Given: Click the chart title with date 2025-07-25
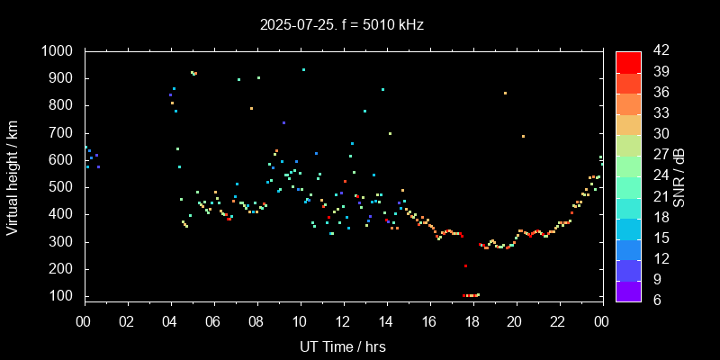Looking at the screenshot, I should [342, 24].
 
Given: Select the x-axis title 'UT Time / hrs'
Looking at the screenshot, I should [342, 346].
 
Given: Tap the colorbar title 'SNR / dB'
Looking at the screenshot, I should [679, 175].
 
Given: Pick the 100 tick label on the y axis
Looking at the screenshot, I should [64, 296].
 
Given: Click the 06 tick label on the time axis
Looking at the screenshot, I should [213, 321].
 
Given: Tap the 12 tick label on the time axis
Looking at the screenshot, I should [343, 321].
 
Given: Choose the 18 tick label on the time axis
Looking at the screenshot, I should [472, 321].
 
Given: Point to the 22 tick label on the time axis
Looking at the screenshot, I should [559, 321].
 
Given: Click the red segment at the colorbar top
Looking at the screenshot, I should [628, 61].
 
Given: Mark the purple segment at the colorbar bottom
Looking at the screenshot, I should [628, 290].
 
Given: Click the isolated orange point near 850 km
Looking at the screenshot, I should [505, 93].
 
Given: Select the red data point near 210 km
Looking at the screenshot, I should [465, 265].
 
